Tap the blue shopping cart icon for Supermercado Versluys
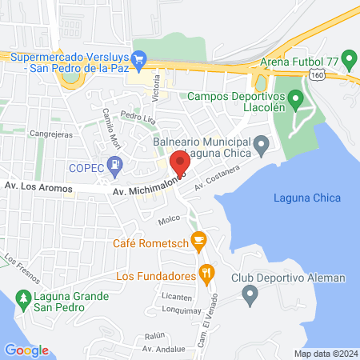click(139, 58)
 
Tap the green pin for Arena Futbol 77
click(348, 58)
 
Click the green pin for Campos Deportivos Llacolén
click(294, 100)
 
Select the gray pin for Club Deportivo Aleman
click(250, 297)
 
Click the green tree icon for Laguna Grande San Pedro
click(24, 298)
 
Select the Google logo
click(26, 350)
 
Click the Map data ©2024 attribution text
click(324, 354)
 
